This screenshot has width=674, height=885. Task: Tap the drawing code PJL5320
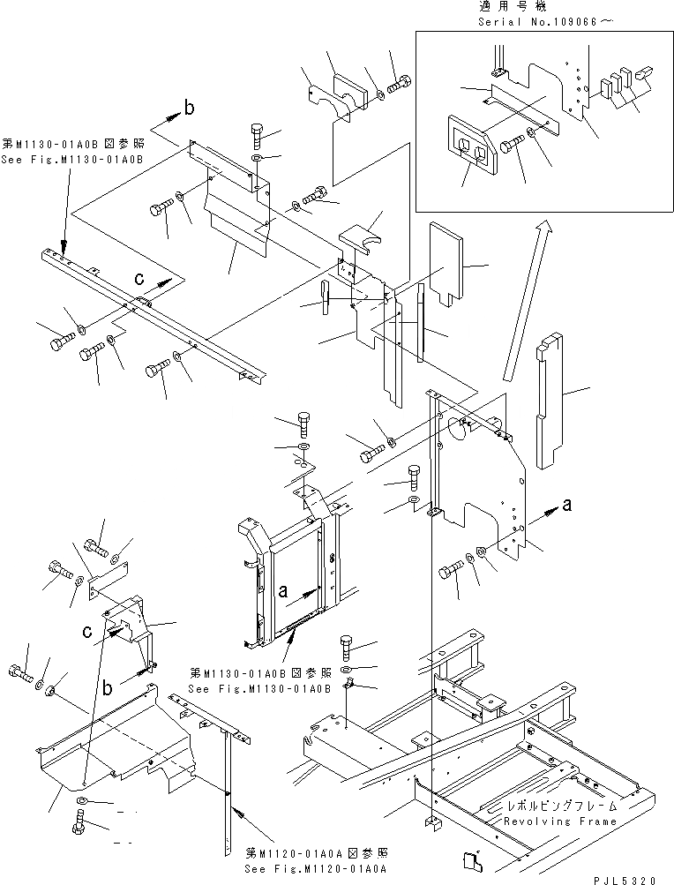[x=625, y=879]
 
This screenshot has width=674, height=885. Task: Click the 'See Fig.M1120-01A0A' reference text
[x=306, y=869]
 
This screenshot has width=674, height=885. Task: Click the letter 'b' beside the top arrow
[x=188, y=109]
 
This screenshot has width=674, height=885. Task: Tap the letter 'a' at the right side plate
[x=567, y=505]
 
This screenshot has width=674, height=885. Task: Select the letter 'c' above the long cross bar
[x=139, y=278]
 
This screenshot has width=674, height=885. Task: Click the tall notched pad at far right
[x=550, y=397]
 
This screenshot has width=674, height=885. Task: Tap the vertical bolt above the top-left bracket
[x=255, y=136]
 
